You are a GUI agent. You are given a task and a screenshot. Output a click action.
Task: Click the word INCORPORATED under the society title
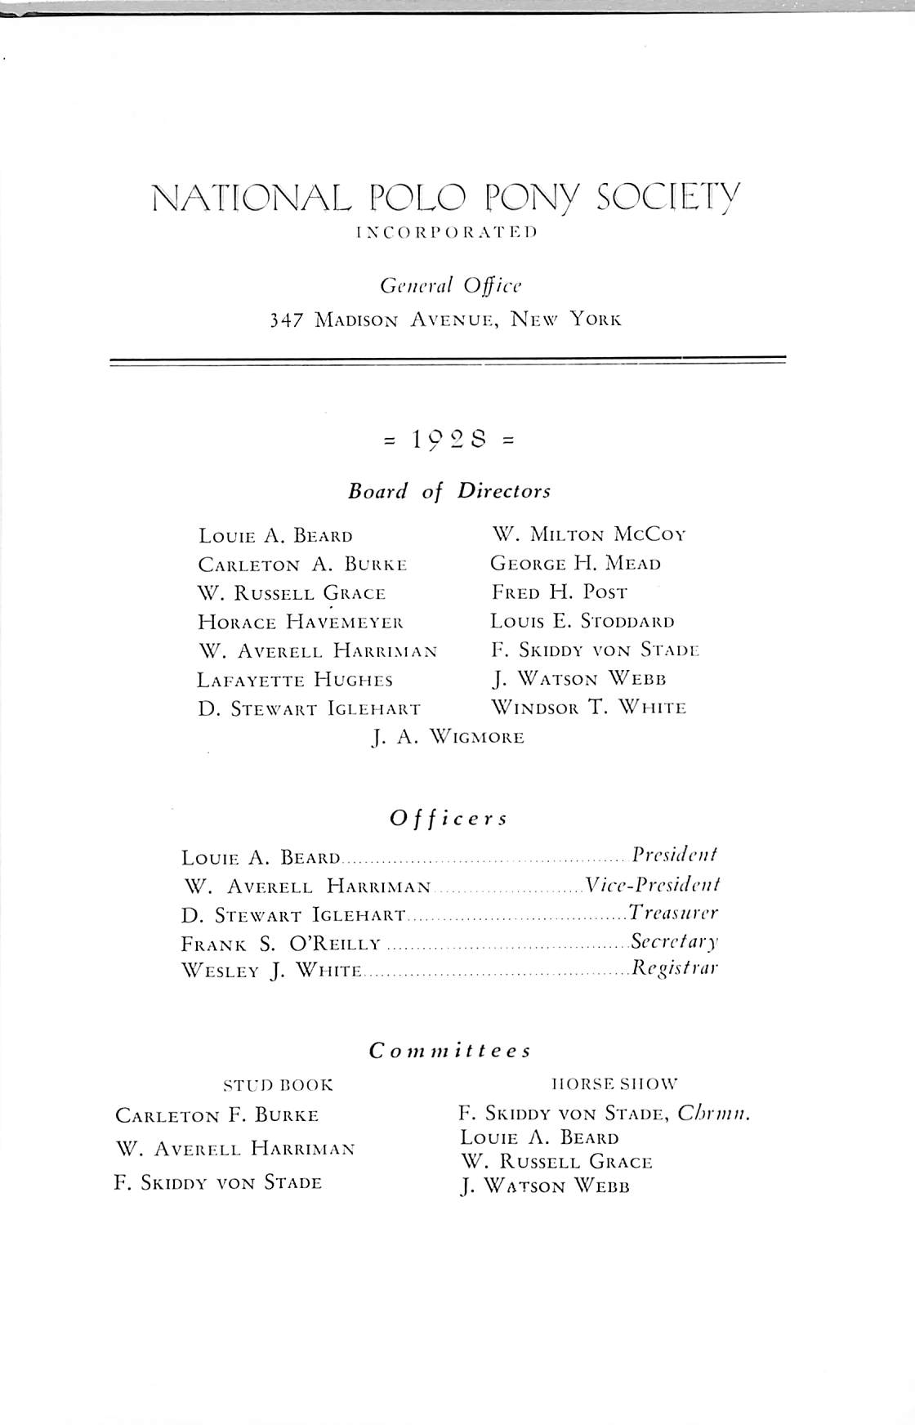(x=446, y=232)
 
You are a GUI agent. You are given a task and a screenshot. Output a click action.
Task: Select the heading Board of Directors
(x=449, y=491)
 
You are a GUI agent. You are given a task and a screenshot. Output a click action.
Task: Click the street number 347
(x=283, y=319)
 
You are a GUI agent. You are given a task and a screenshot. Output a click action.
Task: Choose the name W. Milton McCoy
(x=588, y=535)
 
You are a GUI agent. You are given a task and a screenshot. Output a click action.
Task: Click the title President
(x=675, y=855)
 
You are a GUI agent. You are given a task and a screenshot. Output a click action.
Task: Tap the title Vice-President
(x=652, y=885)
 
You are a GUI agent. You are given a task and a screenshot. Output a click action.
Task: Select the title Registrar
(x=675, y=970)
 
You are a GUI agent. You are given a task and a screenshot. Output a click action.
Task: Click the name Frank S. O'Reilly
(x=281, y=944)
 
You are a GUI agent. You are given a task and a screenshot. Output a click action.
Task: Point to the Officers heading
(x=449, y=818)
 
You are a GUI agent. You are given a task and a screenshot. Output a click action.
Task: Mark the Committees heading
(x=450, y=1051)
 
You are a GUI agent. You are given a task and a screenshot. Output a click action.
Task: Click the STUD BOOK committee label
(x=279, y=1086)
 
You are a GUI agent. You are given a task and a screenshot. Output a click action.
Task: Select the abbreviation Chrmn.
(x=714, y=1114)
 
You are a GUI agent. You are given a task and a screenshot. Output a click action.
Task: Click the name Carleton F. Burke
(x=217, y=1115)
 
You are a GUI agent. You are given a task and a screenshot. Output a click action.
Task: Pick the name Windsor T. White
(x=588, y=708)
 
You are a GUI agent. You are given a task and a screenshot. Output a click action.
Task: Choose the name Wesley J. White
(x=271, y=972)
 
